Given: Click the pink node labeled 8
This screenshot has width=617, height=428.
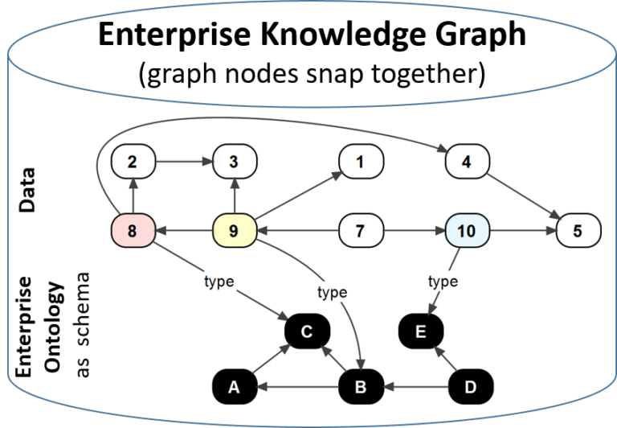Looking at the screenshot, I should [133, 232].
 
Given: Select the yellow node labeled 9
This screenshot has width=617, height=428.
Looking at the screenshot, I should [234, 232].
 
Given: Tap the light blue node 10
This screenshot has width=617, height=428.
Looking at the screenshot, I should [467, 232].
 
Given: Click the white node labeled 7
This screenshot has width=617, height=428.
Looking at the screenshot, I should [361, 232].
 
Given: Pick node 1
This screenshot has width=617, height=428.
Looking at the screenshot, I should [361, 162].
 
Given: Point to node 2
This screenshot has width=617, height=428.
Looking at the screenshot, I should [133, 162].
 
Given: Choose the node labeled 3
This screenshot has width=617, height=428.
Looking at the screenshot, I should [234, 162].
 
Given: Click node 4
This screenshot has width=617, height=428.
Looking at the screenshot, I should [467, 162].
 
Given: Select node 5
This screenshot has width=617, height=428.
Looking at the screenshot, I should [578, 232].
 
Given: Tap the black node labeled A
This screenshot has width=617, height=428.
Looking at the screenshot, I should [234, 387].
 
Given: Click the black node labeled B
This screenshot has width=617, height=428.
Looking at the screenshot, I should [361, 387].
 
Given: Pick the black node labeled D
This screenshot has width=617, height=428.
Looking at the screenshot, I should [471, 387].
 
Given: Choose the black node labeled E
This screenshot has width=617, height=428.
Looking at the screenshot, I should [423, 331].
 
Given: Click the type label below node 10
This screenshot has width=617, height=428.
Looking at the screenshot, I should [443, 282].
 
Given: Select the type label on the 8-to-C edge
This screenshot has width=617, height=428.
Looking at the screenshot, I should [219, 282].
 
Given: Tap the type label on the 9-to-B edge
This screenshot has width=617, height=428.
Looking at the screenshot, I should [332, 292].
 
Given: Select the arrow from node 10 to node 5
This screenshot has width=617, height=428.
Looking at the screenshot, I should [522, 232].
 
